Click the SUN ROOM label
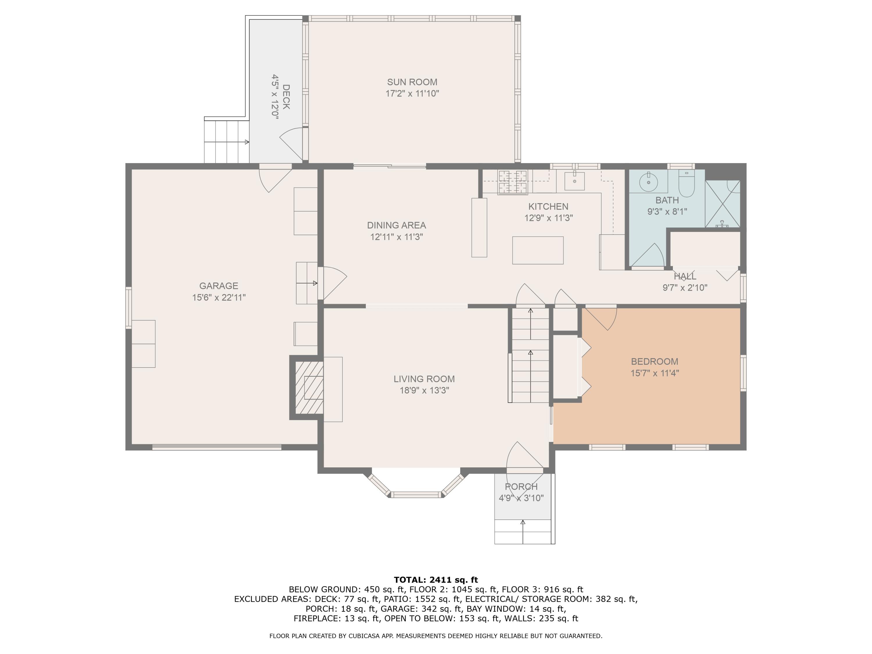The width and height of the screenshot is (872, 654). [412, 82]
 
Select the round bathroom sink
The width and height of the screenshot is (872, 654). [648, 183]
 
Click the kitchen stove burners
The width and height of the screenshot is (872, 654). [512, 182]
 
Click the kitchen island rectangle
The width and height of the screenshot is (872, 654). [538, 250]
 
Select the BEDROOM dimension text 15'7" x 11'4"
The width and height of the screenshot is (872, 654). [655, 373]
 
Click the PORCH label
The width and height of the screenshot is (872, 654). [521, 487]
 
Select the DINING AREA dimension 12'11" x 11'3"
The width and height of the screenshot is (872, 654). [396, 237]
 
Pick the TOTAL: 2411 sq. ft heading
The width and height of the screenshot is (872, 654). [436, 580]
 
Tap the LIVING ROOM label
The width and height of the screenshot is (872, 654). [424, 379]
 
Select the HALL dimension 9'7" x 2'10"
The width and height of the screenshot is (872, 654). [685, 288]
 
